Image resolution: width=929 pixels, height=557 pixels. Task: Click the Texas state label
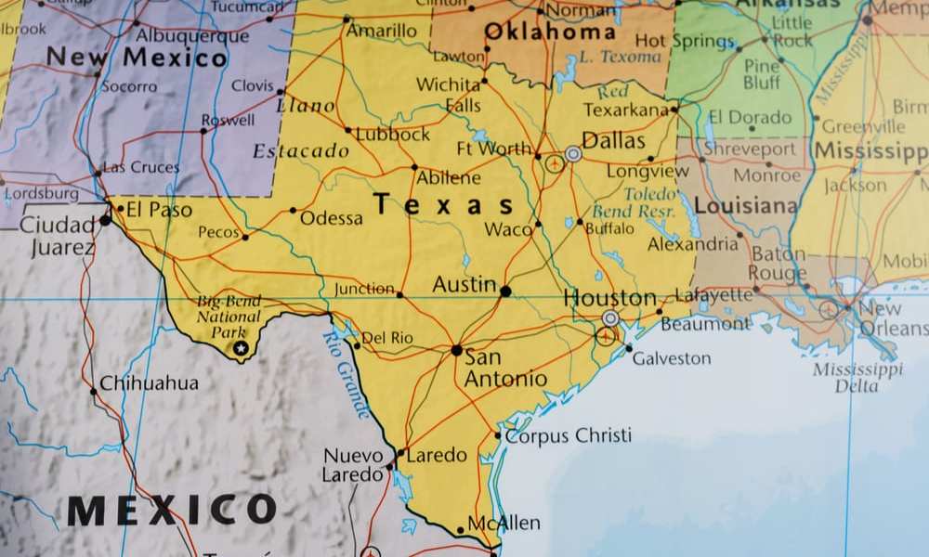(x=443, y=205)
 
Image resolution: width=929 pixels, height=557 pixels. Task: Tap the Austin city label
(x=464, y=285)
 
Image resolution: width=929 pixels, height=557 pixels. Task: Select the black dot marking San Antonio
(x=456, y=350)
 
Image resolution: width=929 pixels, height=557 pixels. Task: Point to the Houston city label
(x=610, y=299)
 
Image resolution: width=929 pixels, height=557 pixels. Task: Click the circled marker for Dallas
(x=573, y=154)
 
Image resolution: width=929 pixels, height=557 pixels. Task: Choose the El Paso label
(x=159, y=210)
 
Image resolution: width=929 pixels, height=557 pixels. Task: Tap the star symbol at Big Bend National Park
(x=242, y=347)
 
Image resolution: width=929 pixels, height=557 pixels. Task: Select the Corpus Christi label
(x=569, y=435)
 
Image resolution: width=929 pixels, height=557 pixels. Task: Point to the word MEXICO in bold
(x=172, y=510)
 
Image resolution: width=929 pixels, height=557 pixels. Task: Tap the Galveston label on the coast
(x=672, y=358)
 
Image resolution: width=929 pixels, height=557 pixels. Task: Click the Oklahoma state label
(x=549, y=32)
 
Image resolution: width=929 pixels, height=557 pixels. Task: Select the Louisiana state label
(x=746, y=206)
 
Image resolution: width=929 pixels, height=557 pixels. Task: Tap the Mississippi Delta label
(x=857, y=378)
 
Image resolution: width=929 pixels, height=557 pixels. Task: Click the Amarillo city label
(x=382, y=31)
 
